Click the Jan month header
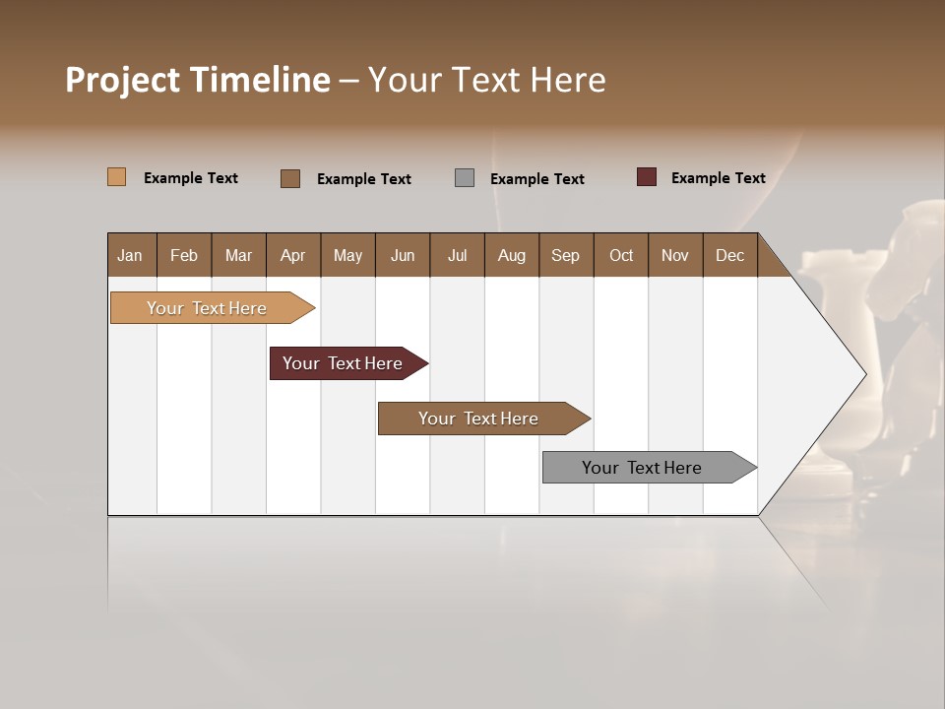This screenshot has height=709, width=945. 130,255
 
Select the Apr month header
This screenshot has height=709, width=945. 292,255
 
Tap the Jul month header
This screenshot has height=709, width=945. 457,255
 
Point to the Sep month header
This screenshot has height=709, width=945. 565,255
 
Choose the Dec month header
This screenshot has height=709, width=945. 729,255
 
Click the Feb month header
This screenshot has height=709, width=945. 184,255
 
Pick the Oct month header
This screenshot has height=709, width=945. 621,255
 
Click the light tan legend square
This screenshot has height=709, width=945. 116,177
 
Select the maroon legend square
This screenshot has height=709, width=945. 646,177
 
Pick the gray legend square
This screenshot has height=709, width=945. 465,178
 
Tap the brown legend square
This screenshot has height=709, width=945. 290,178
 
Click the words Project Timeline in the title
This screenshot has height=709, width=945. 198,80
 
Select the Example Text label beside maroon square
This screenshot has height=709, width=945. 718,178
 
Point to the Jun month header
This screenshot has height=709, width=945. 403,255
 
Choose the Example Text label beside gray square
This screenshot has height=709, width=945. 536,179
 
